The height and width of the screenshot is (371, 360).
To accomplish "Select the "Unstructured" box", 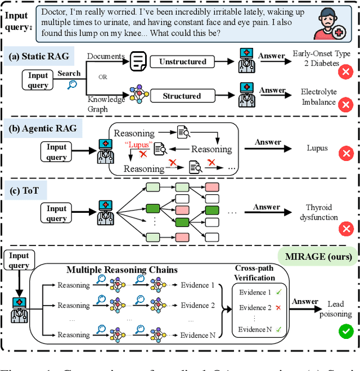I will click(x=182, y=61).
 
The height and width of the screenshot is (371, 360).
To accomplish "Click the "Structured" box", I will click(x=182, y=96).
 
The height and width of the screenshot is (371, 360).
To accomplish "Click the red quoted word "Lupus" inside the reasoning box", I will click(x=137, y=145).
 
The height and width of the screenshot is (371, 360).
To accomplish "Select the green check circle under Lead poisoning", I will click(x=345, y=331).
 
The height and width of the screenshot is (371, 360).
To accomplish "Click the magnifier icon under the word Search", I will click(x=72, y=84).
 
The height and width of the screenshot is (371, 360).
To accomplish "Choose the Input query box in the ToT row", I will click(x=57, y=213).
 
